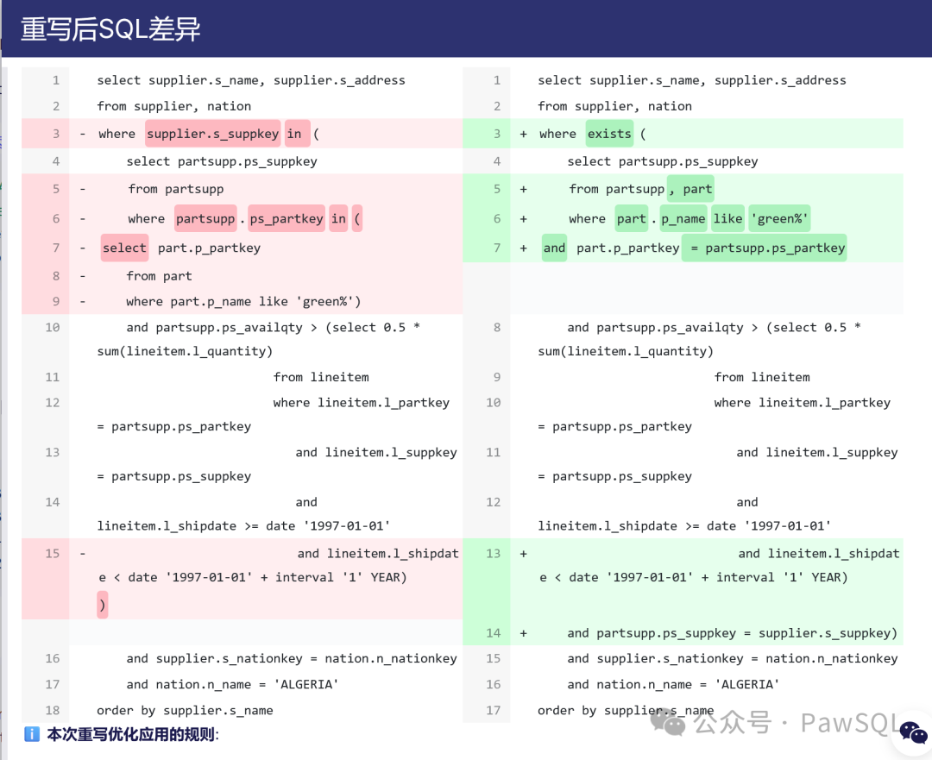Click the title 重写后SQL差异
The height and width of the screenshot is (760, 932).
coord(110,29)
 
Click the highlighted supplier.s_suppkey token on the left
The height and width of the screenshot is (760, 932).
coord(212,134)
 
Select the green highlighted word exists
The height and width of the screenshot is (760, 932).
coord(609,134)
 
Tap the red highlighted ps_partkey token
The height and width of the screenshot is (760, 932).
coord(287,219)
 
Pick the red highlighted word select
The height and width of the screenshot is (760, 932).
coord(124,248)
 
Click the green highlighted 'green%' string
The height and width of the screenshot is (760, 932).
coord(779,219)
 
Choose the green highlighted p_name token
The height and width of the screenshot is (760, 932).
coord(683,219)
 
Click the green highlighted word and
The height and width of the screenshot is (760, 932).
coord(554,248)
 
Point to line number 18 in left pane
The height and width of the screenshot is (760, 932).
coord(53,710)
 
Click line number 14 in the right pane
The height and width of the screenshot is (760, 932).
coord(493,633)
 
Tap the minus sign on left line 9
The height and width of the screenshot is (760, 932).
coord(83,301)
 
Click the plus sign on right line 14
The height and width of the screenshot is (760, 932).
coord(524,633)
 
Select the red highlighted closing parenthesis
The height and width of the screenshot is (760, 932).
coord(103,606)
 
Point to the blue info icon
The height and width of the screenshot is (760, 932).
coord(32,735)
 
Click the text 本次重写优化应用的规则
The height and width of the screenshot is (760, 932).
coord(132,735)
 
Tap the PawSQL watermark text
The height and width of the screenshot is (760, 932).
coord(849,722)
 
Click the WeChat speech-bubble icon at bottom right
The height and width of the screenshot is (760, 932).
coord(913,732)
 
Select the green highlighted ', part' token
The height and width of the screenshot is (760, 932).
coord(690,189)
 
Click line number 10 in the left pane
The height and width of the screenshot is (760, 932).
coord(53,328)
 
